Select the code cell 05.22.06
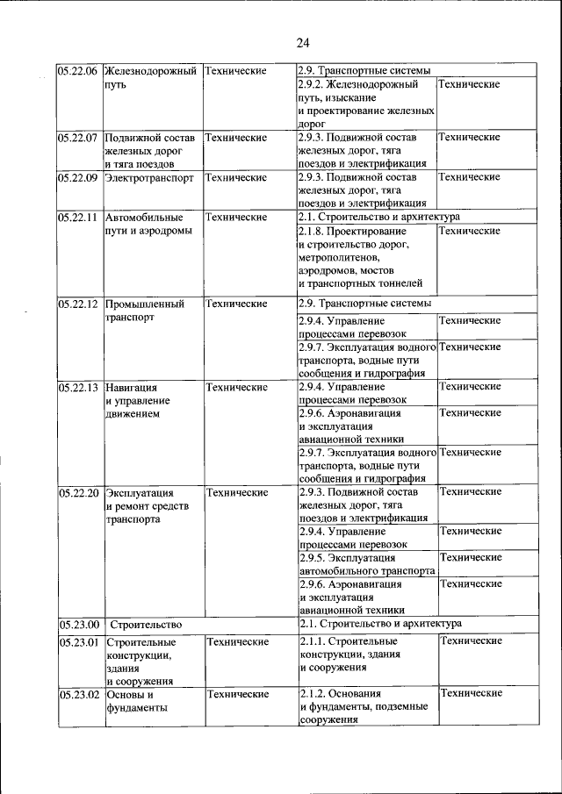77,71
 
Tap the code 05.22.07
77,138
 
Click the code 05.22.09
77,177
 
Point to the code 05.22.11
77,217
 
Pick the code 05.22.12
77,304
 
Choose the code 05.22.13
77,387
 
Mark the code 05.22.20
77,493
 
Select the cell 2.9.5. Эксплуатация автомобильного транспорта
365,564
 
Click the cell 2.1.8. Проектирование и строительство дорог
365,257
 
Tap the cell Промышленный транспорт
145,311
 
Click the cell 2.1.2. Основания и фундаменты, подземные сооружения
365,707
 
